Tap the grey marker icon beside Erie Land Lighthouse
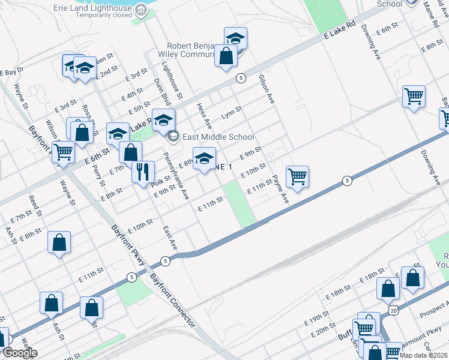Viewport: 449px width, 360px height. point(140,10)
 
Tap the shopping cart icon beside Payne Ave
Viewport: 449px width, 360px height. point(297,176)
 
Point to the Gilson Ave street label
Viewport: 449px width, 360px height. point(266,89)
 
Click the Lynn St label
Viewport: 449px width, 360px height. point(231,112)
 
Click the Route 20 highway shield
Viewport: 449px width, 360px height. point(393,310)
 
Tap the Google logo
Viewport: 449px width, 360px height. point(20,353)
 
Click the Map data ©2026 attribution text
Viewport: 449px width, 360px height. point(423,355)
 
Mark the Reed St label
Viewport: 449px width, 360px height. point(35,205)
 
